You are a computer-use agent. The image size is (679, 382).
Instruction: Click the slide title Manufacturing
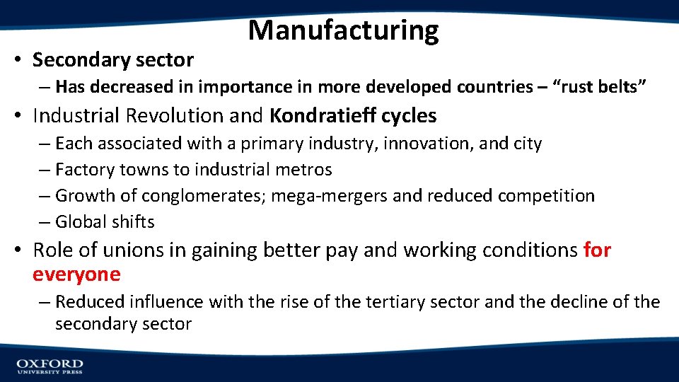344,30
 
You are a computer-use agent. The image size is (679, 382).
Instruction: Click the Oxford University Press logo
50,366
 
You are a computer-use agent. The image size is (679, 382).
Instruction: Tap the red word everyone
76,274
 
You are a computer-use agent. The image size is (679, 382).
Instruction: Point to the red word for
597,250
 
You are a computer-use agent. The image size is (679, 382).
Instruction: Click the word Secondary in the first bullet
77,60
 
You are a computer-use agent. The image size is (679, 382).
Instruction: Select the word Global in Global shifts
80,221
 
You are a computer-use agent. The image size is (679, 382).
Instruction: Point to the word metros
306,169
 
